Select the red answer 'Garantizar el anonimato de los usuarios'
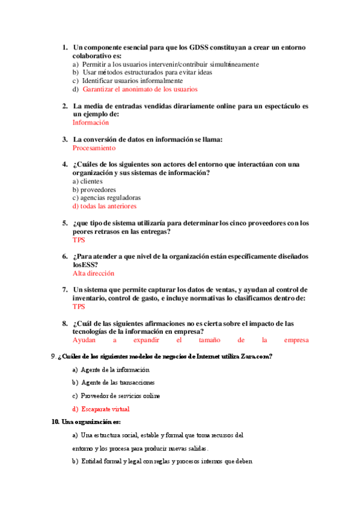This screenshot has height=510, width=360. [139, 89]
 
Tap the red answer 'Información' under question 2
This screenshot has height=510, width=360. [91, 122]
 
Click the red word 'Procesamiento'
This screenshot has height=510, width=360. [94, 147]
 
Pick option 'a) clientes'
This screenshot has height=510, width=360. [88, 181]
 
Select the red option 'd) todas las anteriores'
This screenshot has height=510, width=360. [105, 206]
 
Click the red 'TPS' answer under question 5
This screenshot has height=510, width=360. [79, 240]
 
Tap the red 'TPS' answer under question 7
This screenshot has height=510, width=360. [79, 306]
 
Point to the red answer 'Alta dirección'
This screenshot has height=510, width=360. [93, 273]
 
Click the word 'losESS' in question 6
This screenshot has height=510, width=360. [85, 265]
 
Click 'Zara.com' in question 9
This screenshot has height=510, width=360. [254, 357]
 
